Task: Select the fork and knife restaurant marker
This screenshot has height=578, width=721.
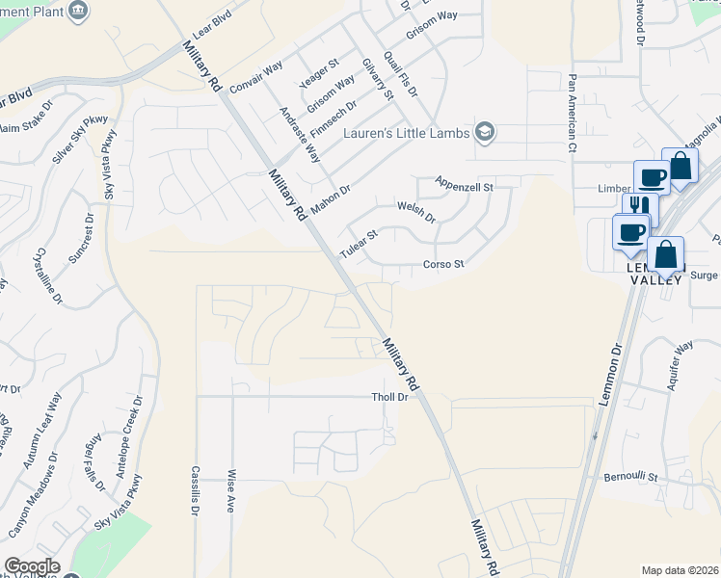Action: point(639,206)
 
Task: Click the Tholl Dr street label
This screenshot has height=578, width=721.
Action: point(390,397)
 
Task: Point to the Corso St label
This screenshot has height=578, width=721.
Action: point(443,264)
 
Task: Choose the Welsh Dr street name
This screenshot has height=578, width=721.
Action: point(416,211)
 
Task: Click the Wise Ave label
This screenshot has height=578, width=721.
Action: point(230,490)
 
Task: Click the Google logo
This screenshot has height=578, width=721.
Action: point(32,566)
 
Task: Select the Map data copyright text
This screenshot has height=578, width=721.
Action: point(679,570)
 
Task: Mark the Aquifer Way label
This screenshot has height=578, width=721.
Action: point(681,363)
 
